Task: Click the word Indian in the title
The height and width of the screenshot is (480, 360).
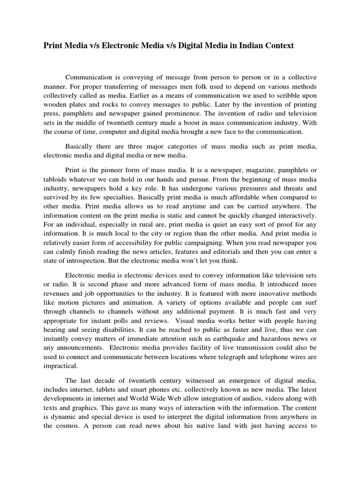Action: [248, 45]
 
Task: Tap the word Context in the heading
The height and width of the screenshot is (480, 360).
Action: [278, 45]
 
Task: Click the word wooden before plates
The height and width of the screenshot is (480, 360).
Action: [55, 105]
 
